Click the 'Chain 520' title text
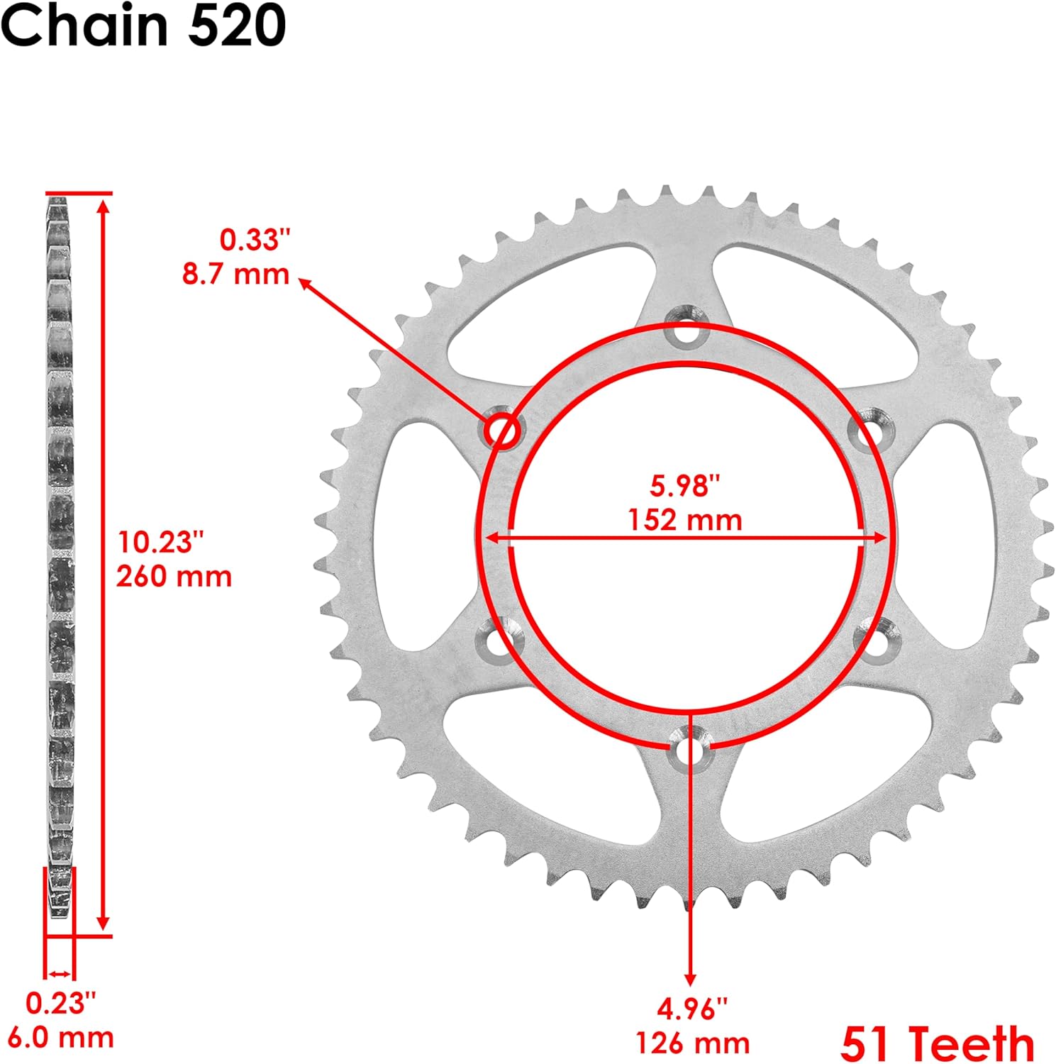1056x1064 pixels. [x=143, y=26]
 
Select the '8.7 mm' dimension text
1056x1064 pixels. [x=235, y=274]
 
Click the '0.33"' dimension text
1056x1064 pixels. [x=255, y=240]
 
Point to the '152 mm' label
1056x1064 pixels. [x=685, y=520]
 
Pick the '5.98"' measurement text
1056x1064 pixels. [x=685, y=486]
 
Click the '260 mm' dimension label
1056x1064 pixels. [x=174, y=576]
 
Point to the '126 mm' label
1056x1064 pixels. [x=692, y=1043]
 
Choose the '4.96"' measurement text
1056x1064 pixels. [x=692, y=1009]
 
